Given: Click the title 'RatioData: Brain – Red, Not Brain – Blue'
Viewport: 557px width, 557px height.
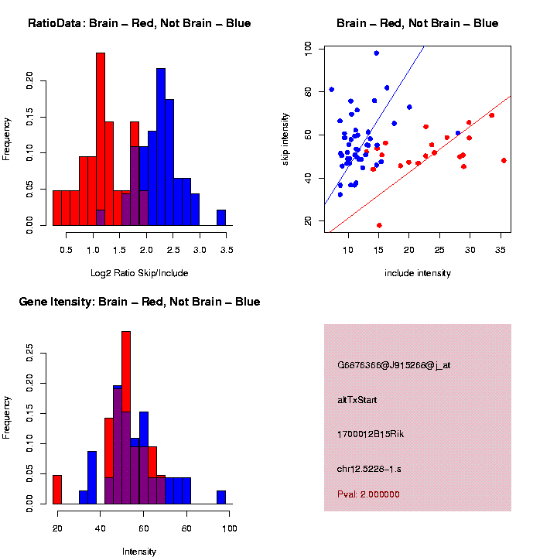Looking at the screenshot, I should click(139, 23).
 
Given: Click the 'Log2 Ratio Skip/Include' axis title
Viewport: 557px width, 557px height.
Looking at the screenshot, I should click(138, 272).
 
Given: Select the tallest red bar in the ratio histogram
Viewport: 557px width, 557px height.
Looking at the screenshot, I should click(101, 139).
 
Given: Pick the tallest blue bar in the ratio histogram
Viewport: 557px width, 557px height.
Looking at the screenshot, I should click(161, 147).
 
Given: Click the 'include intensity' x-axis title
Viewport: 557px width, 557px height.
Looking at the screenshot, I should click(417, 272).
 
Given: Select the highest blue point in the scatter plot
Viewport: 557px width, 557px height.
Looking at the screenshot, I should click(376, 53).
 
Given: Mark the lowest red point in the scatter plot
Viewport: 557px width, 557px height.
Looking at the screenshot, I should click(379, 225).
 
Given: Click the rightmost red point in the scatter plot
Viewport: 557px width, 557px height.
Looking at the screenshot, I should click(504, 161).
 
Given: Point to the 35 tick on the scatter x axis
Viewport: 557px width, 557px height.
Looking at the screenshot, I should click(501, 249).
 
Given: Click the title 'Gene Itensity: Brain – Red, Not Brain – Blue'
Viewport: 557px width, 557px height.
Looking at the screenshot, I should click(139, 302).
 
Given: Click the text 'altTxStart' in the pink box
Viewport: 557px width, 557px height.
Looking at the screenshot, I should click(357, 400).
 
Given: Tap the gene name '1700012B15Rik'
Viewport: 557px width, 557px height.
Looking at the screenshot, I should click(371, 434).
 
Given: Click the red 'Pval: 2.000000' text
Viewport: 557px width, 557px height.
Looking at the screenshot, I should click(368, 494).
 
